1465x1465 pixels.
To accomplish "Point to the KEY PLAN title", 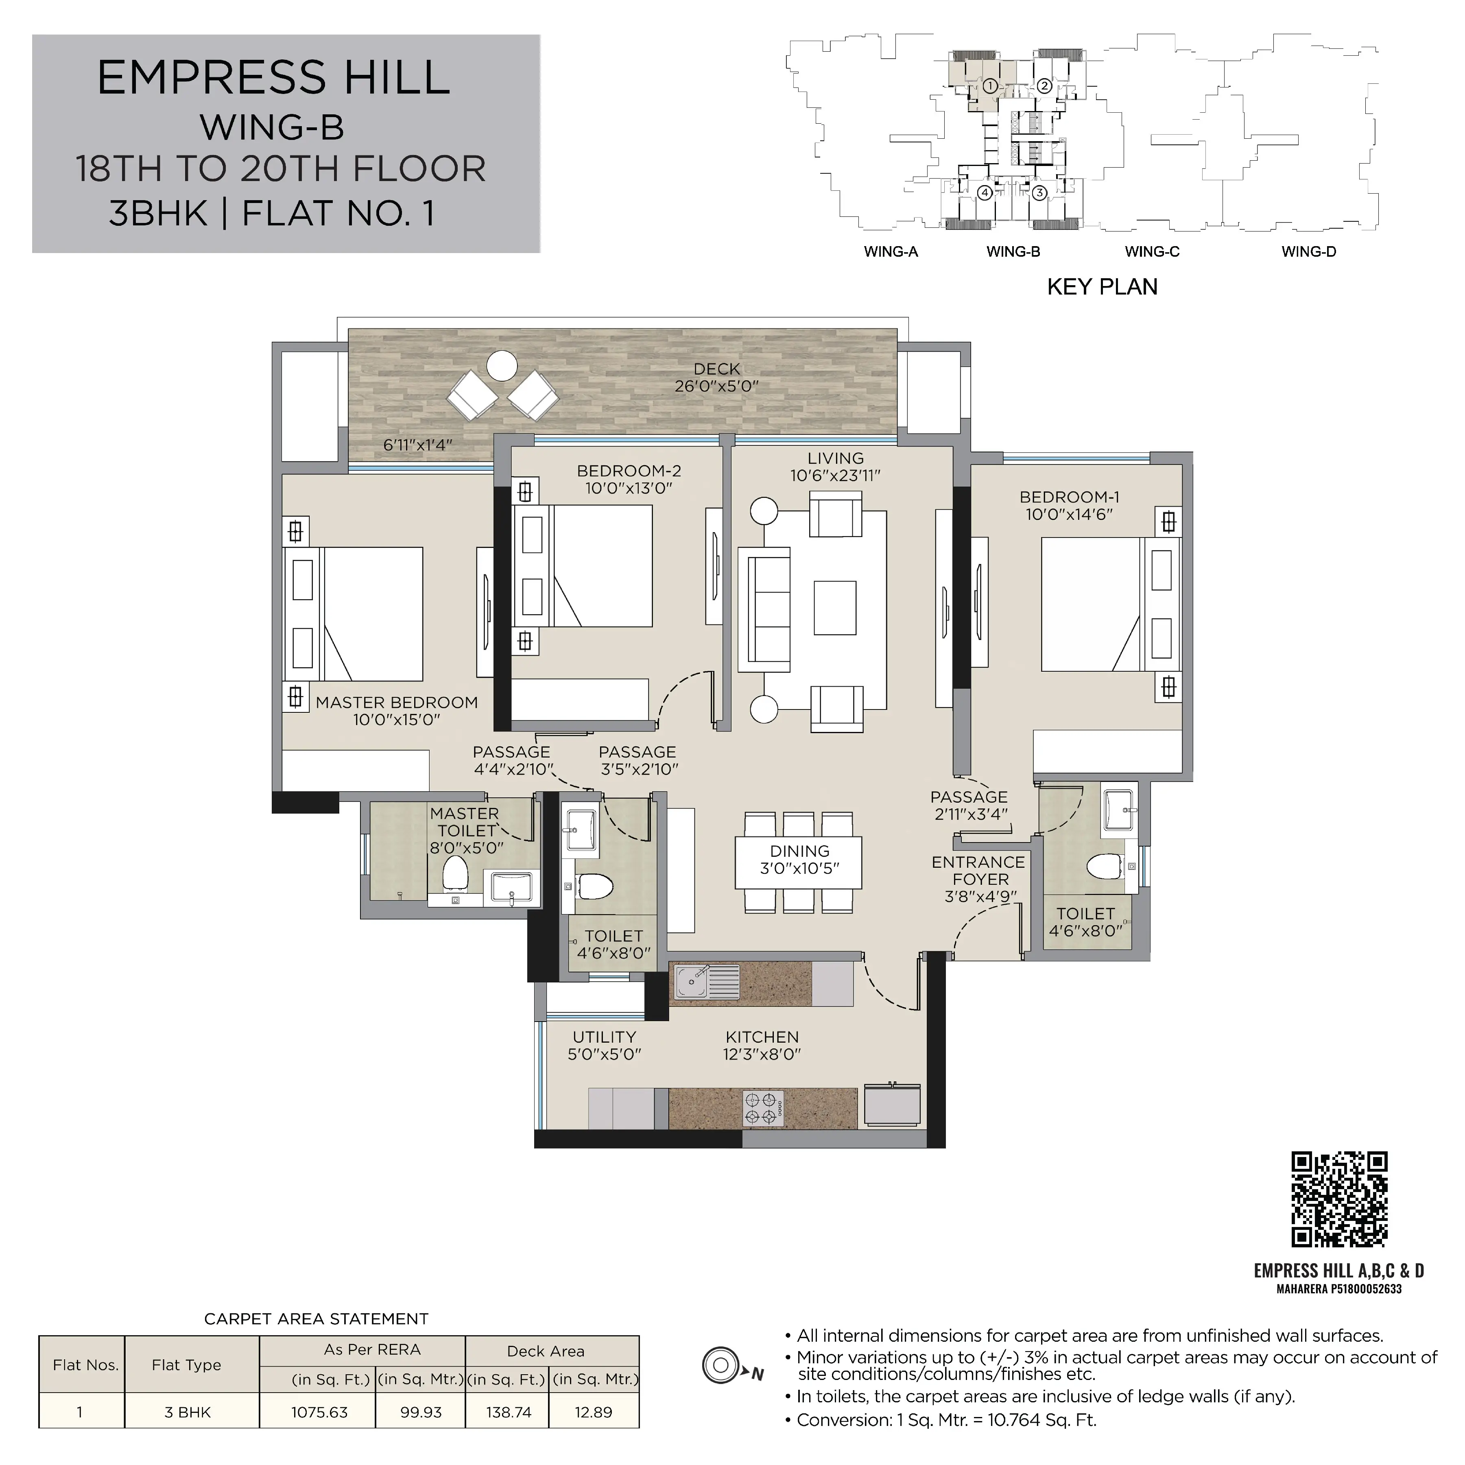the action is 1102,287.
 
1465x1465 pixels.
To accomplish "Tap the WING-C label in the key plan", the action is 1152,252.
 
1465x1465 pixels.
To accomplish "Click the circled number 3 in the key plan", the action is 1039,192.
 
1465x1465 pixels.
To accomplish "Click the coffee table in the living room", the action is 835,607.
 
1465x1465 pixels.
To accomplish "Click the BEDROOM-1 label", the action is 1069,498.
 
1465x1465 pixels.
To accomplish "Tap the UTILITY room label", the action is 605,1037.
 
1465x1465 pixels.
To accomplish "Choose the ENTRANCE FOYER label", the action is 978,871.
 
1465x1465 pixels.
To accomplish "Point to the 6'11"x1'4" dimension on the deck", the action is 418,445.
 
